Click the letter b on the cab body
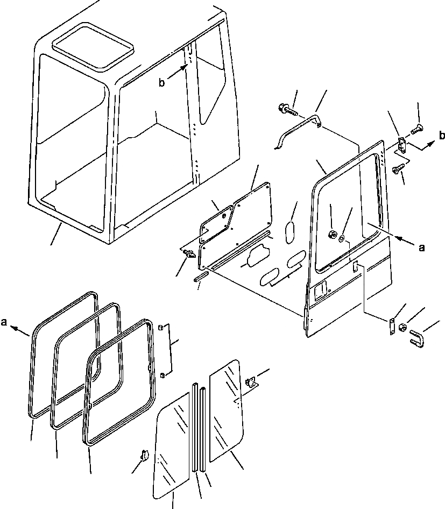tap(161, 82)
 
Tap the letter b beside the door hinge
tap(441, 135)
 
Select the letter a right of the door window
tap(421, 248)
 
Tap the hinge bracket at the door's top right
tap(401, 145)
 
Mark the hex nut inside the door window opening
tap(333, 233)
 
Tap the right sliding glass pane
tap(226, 412)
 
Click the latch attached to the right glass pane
tap(251, 382)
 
